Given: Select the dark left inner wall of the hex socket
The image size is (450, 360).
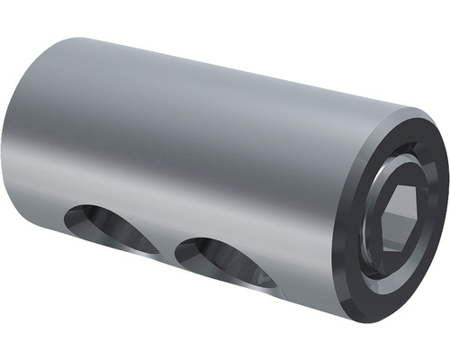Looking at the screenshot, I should point(384,220).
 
